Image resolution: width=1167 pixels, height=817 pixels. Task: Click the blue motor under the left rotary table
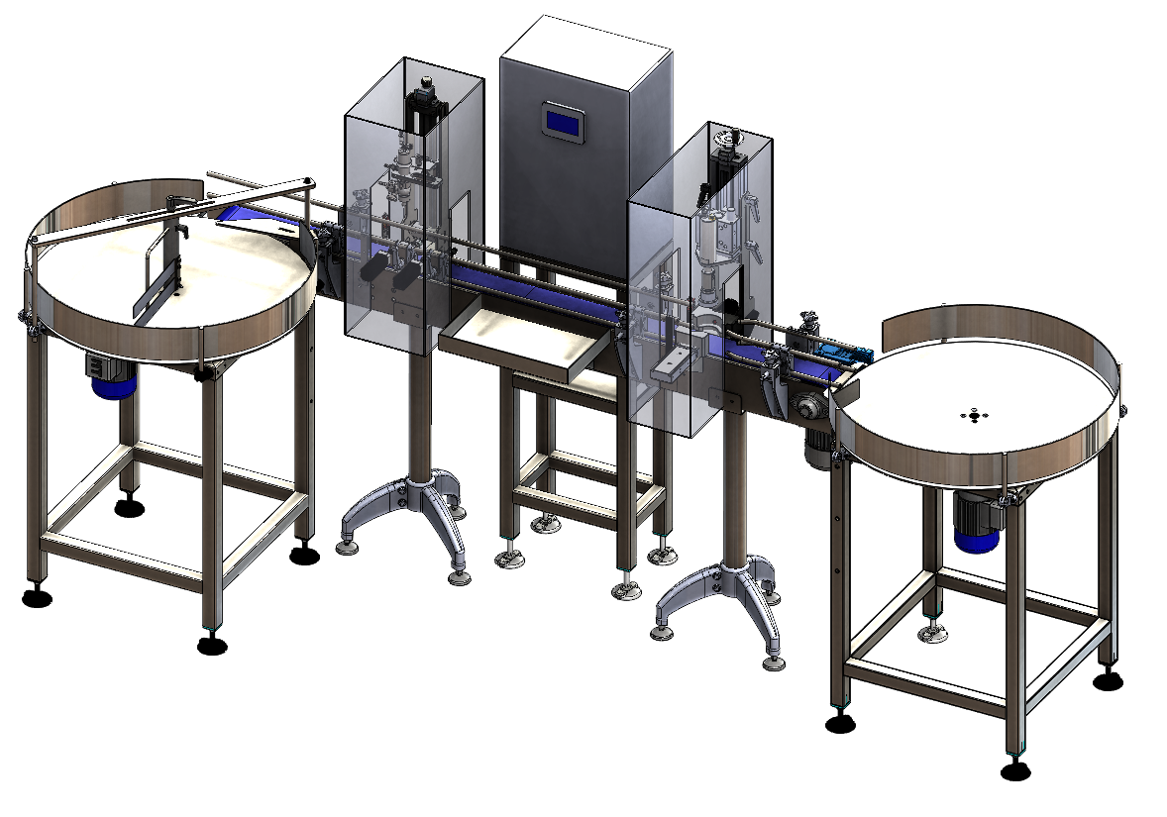tap(112, 376)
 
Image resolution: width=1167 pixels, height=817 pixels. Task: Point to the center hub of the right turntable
tap(975, 416)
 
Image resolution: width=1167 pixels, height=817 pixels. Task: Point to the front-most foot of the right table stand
tap(1012, 770)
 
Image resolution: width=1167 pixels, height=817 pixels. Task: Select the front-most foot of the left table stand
tap(211, 646)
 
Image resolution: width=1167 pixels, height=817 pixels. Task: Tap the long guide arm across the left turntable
tap(168, 212)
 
